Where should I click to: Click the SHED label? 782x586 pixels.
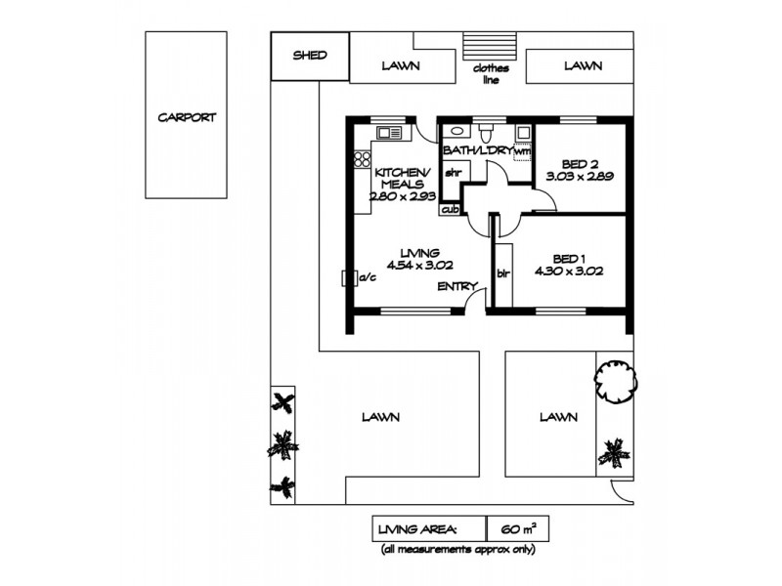[x=310, y=56]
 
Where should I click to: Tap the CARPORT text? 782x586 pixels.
[x=187, y=117]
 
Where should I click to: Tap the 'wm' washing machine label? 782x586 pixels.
[x=523, y=151]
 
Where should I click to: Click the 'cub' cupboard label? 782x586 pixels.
[x=451, y=209]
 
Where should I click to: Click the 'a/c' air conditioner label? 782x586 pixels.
[x=368, y=278]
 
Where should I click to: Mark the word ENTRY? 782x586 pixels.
[x=457, y=286]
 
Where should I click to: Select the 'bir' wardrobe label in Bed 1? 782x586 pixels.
[x=504, y=273]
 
